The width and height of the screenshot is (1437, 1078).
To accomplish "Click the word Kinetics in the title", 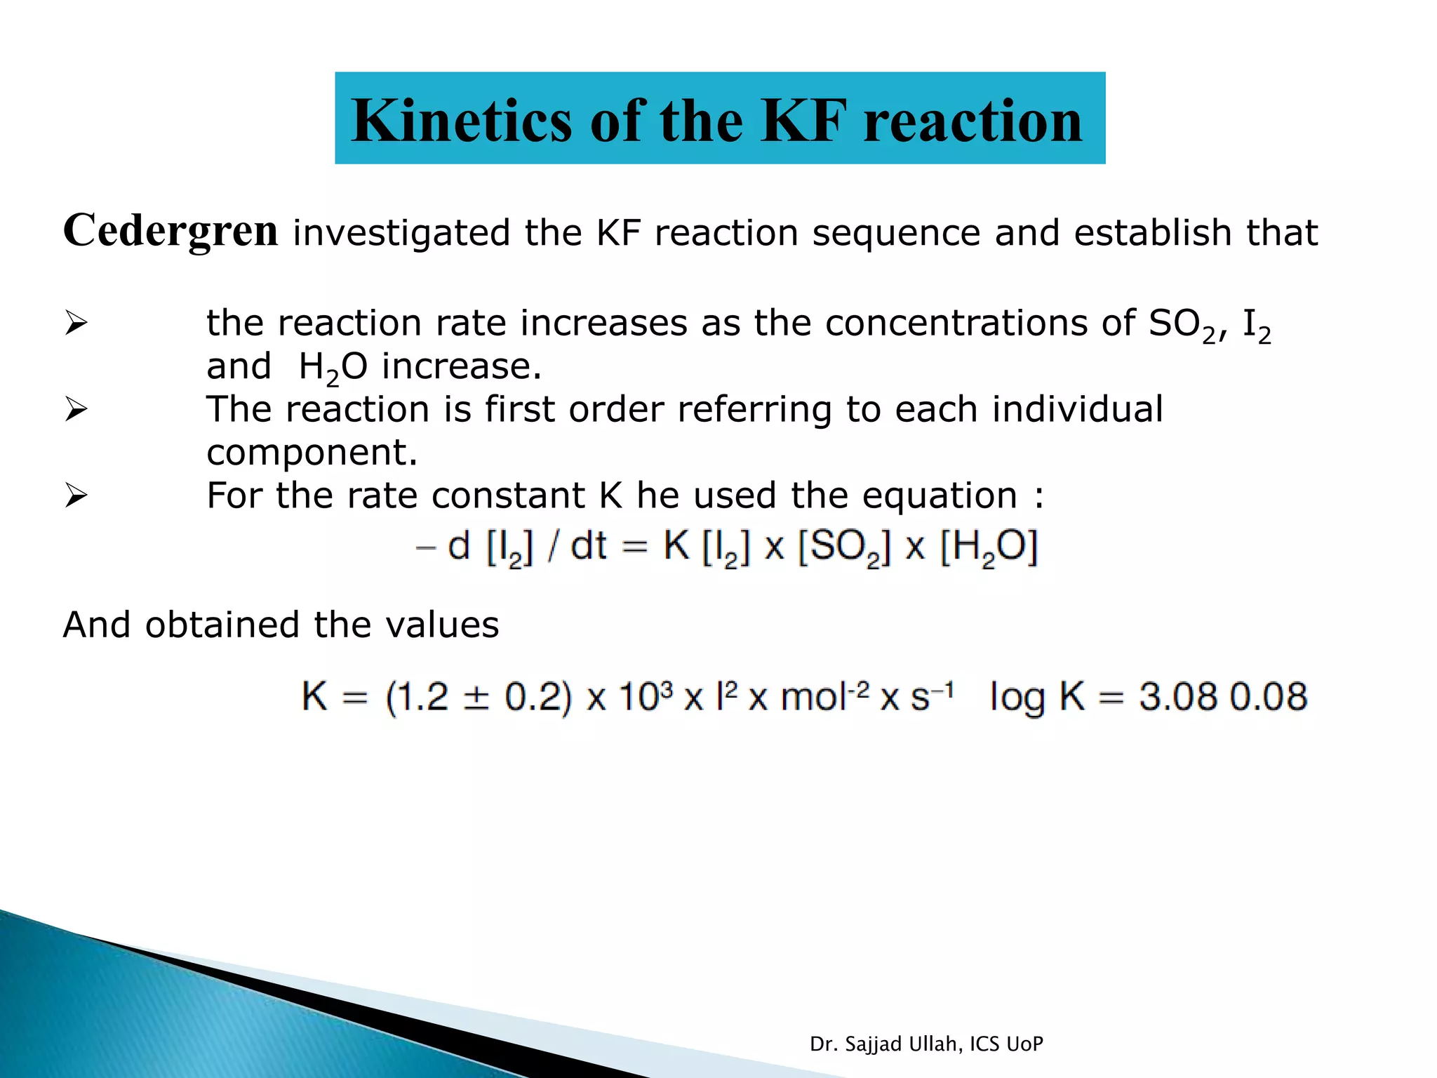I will (x=461, y=121).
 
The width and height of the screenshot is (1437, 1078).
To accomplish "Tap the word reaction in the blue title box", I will (x=973, y=121).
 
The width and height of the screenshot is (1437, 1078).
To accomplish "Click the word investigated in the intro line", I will (x=401, y=233).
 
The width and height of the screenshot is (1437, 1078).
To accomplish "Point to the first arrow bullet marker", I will (x=76, y=324).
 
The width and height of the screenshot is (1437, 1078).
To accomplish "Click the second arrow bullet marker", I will (x=76, y=409).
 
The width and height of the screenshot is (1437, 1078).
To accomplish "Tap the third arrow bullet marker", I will (x=76, y=495).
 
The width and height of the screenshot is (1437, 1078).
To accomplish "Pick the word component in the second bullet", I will (x=312, y=453).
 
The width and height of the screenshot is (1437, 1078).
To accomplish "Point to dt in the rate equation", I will (x=588, y=546).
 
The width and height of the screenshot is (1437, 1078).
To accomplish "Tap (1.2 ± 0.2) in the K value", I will (x=479, y=698).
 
